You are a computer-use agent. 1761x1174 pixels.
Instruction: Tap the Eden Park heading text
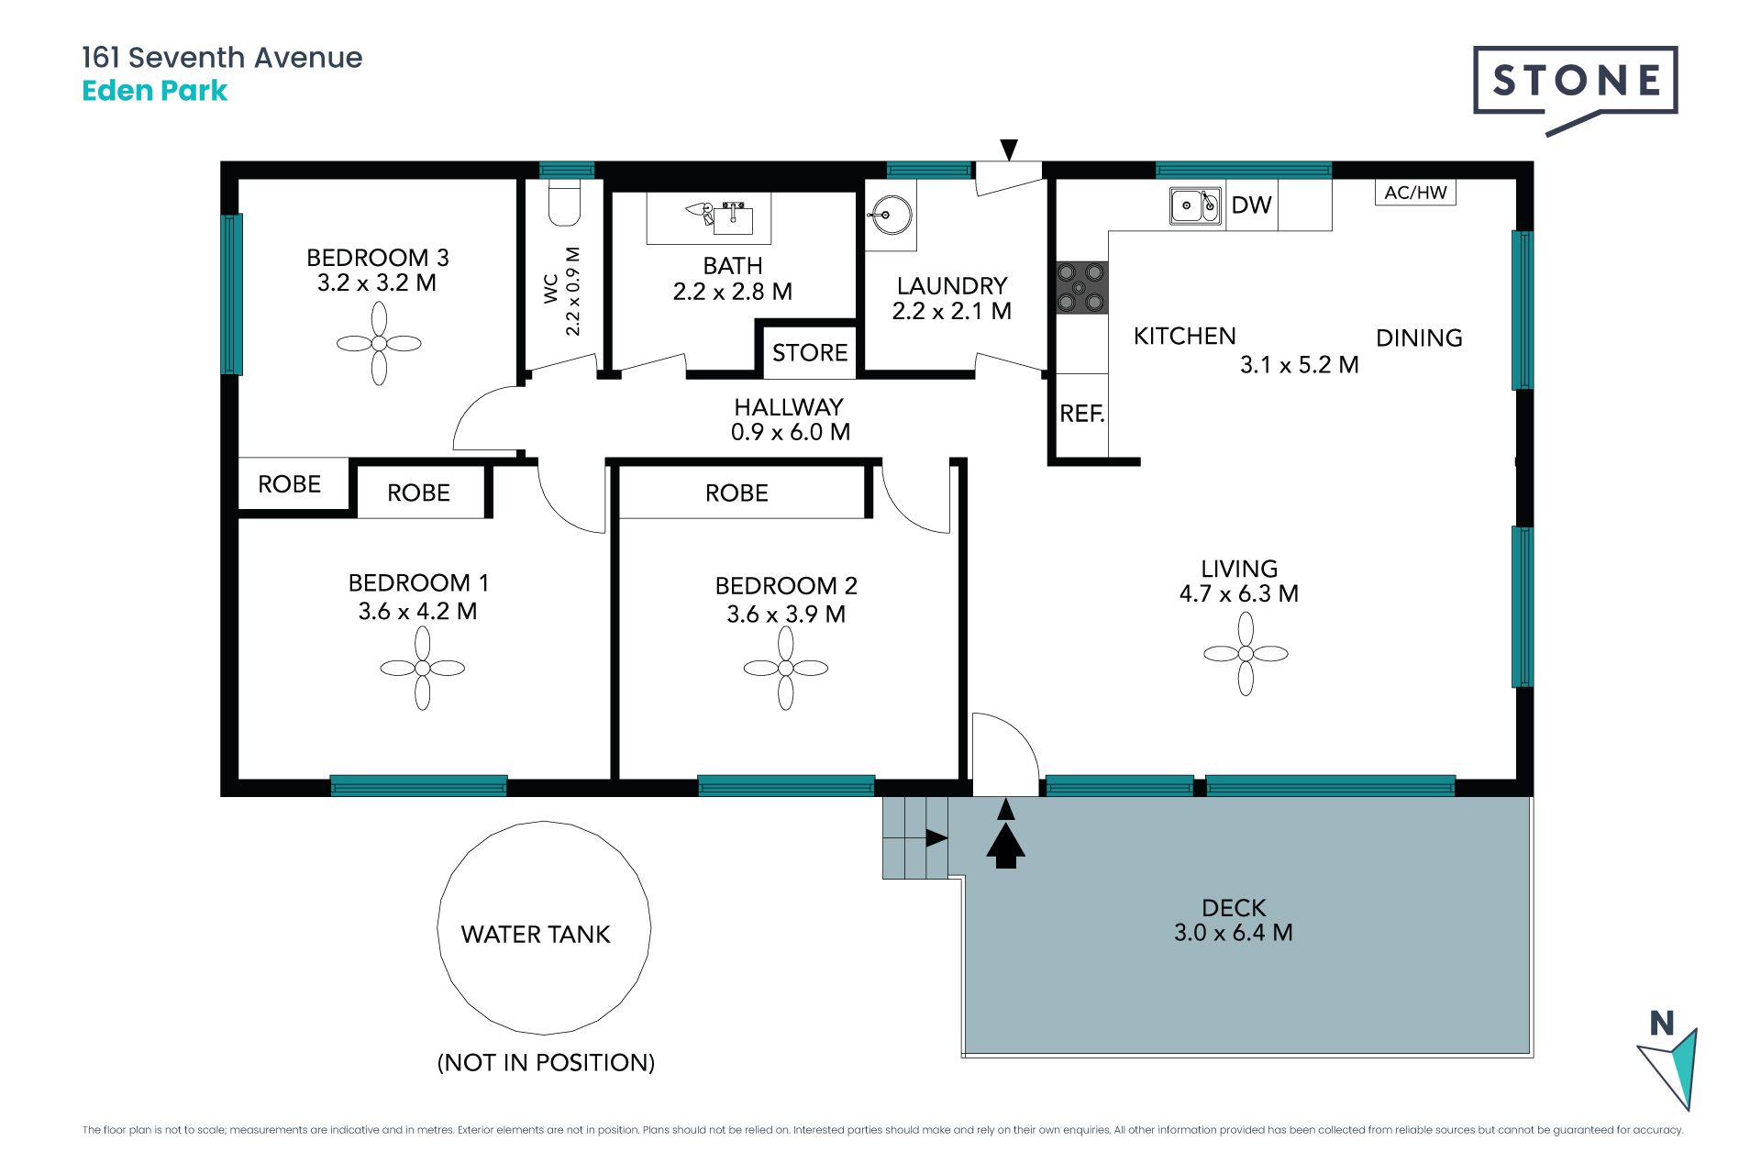point(154,91)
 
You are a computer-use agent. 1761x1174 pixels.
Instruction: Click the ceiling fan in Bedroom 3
point(379,344)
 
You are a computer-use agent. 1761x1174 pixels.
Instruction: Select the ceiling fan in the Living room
point(1246,654)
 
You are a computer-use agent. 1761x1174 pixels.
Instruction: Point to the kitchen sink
point(1195,205)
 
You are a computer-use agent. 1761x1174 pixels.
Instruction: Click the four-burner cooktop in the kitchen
point(1081,287)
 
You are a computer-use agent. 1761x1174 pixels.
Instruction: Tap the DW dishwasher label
point(1251,205)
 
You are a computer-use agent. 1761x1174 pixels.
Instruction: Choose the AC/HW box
point(1415,193)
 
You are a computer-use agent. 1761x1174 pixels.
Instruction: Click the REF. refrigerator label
point(1082,414)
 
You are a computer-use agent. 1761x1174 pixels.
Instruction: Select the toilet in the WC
point(564,203)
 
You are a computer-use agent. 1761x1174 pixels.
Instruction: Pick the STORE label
point(810,353)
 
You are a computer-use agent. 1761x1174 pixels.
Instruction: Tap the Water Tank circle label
point(536,935)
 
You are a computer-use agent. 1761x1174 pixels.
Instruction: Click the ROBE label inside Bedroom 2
point(737,493)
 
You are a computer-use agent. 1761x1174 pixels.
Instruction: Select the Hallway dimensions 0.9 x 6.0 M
point(791,432)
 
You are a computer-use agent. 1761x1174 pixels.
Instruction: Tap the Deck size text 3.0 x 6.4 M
point(1234,933)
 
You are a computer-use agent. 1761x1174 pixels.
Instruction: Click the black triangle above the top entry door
point(1009,150)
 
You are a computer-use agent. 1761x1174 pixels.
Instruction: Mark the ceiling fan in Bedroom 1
point(422,668)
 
